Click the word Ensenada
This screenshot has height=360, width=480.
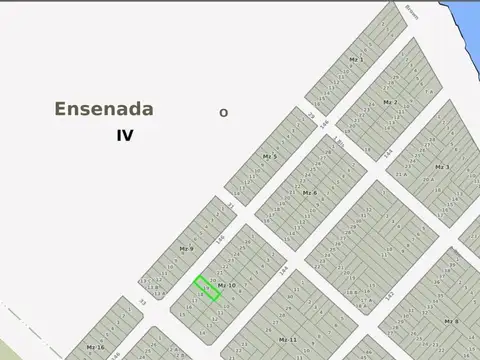tap(104, 109)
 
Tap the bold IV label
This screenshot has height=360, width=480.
tap(124, 135)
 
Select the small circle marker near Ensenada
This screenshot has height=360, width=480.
tap(223, 113)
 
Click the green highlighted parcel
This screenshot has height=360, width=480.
tap(206, 288)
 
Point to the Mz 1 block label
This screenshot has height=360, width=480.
tap(356, 60)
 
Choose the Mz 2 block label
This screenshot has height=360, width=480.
tap(390, 102)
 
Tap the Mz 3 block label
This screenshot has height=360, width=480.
tap(441, 167)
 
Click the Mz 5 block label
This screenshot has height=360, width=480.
tap(269, 157)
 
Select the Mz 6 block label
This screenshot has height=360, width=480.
tap(309, 192)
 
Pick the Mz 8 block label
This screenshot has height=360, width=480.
tap(451, 321)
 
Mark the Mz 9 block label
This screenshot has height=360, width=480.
tap(185, 248)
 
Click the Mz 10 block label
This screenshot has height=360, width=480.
tap(226, 285)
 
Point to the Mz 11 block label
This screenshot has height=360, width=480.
tap(287, 340)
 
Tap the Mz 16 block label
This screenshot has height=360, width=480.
tap(95, 346)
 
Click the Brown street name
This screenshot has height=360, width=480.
tap(411, 12)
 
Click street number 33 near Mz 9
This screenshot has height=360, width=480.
tap(142, 301)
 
